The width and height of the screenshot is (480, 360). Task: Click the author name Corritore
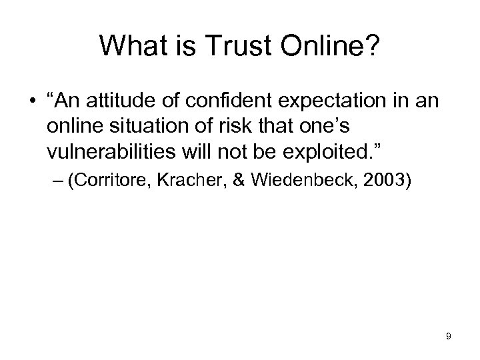(114, 182)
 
